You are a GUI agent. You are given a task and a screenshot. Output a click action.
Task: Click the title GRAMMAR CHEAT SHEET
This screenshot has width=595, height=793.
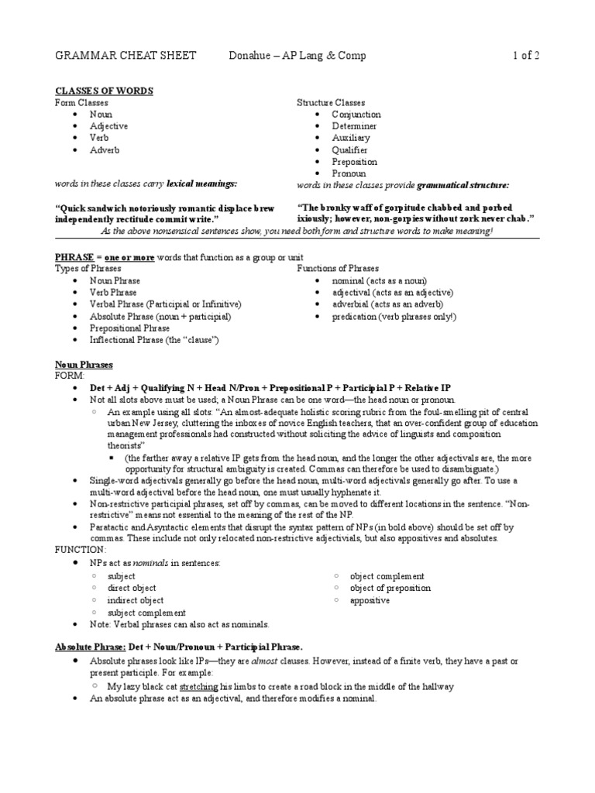126,56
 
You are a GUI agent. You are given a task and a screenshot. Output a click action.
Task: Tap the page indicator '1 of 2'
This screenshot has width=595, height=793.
525,56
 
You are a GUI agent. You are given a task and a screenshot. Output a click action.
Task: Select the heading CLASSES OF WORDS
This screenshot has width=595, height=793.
104,91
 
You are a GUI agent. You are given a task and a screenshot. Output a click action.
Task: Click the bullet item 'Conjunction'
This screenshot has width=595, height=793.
356,115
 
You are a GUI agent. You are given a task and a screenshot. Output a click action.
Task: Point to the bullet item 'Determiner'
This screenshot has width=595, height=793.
354,126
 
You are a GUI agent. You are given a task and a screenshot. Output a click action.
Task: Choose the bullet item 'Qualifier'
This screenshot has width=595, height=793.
349,150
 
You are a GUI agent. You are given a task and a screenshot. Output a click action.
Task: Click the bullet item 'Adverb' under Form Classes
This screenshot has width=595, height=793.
105,150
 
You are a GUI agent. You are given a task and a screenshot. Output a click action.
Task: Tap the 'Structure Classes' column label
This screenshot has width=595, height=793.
331,102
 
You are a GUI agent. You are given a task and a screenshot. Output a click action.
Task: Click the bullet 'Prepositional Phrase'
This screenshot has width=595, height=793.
129,328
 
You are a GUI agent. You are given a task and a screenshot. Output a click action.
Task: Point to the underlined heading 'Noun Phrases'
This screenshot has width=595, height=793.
84,364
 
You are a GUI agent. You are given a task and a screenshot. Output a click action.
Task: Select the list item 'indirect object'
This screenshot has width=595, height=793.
136,600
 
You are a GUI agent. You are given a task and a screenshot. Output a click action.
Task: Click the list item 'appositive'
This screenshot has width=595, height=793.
370,600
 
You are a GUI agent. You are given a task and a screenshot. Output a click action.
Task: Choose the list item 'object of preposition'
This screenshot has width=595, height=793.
390,589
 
